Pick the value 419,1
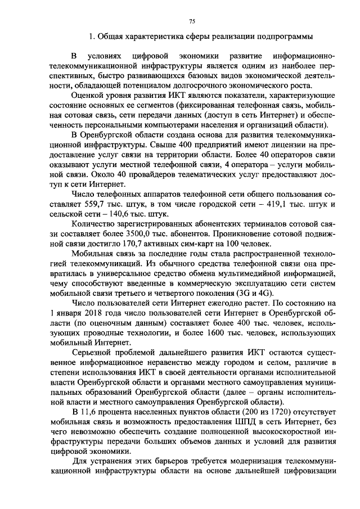tap(271, 205)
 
